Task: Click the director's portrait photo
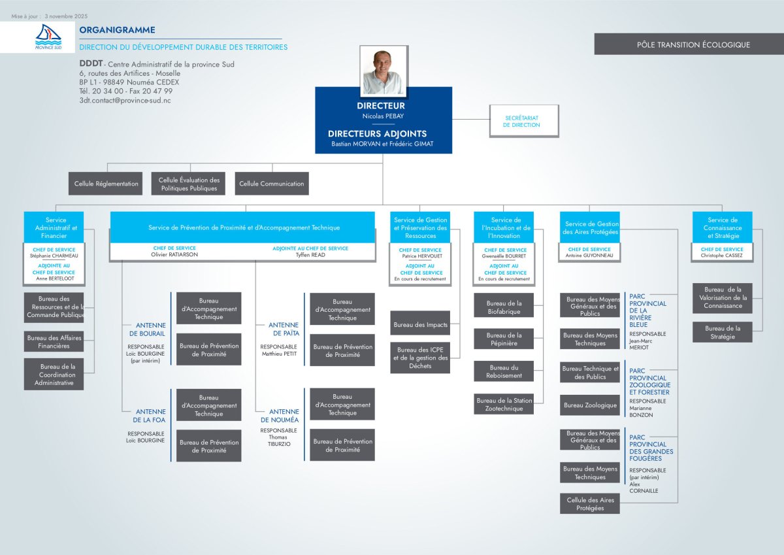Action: pos(384,71)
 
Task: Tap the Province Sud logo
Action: pos(47,37)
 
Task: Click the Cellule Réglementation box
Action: pos(106,184)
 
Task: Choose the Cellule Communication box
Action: pos(272,184)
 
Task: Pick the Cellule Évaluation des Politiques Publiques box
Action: pos(189,184)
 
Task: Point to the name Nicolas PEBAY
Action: pos(384,115)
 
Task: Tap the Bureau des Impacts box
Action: pos(420,324)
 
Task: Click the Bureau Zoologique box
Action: pos(590,405)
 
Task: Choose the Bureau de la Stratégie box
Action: pos(723,332)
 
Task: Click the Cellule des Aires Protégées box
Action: pos(590,503)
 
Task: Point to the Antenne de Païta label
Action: pos(284,329)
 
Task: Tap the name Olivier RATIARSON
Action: pos(174,255)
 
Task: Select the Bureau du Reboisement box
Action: pos(504,371)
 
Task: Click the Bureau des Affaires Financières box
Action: pos(54,341)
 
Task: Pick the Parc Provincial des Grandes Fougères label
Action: pos(651,448)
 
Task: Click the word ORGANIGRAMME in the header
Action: pos(117,30)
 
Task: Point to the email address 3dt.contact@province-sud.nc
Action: pos(125,101)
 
